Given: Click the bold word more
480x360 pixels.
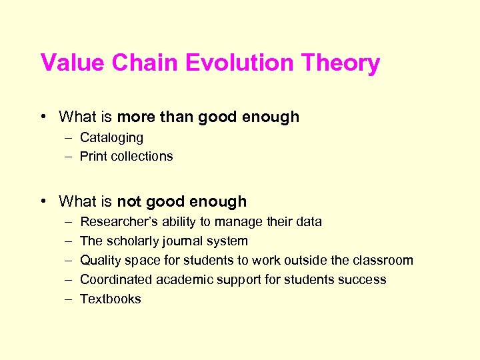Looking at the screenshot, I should pos(136,117).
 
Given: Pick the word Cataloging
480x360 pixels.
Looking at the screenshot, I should pos(111,138).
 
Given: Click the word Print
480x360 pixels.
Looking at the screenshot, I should pos(93,157).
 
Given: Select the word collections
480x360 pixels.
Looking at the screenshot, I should pos(142,157).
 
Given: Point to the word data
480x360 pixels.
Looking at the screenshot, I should pos(309,222).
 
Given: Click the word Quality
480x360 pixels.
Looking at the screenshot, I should pos(100,261).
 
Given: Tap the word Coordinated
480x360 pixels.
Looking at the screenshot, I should pos(115,280).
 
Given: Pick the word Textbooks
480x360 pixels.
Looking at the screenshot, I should pos(111,299).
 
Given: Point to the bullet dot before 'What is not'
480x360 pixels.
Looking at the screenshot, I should pos(43,201).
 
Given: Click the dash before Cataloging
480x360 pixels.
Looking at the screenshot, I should pos(69,138).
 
